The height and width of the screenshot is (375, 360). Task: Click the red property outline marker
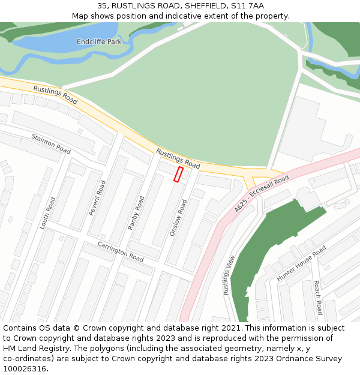178,174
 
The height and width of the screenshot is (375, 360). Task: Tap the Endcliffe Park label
99,41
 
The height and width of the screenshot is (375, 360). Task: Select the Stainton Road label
51,143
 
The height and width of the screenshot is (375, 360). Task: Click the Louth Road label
47,213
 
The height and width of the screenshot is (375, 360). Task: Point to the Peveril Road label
97,197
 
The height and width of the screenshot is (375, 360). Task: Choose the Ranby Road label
136,212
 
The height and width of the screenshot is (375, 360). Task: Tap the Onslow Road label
178,217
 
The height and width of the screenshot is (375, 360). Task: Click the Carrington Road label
121,251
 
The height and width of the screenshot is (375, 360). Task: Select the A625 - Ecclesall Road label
262,193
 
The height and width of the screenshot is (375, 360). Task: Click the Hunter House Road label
301,263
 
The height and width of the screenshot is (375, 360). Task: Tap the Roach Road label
317,297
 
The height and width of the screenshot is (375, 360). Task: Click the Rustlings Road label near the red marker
178,158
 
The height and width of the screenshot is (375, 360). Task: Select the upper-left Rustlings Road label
55,94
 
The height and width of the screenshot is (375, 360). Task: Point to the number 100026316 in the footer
25,369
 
